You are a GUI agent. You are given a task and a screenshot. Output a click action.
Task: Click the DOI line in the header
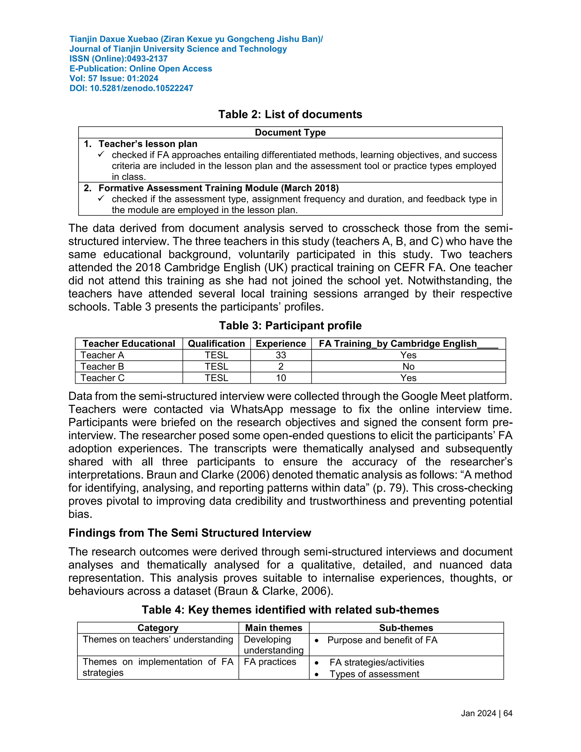coord(131,88)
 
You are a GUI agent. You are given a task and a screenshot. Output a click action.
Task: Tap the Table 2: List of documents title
coord(290,114)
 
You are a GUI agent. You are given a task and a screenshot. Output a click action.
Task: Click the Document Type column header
coord(290,133)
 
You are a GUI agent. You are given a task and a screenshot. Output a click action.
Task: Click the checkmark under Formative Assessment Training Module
coord(101,199)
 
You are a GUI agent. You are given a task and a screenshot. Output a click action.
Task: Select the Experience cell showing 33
coord(281,355)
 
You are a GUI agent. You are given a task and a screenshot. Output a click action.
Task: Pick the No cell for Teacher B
coord(408,366)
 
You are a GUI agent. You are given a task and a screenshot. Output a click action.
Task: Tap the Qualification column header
coord(216,344)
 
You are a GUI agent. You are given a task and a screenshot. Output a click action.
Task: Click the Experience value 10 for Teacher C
coord(281,378)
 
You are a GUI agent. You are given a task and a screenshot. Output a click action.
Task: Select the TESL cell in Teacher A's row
coord(216,355)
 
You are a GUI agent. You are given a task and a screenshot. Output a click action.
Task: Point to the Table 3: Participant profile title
coord(290,325)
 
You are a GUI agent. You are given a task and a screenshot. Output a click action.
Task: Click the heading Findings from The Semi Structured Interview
coord(190,533)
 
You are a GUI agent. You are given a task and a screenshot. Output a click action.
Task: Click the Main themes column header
coord(274,628)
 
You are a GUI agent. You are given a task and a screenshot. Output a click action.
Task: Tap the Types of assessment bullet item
coord(374,674)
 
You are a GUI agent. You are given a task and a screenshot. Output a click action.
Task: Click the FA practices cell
coord(270,662)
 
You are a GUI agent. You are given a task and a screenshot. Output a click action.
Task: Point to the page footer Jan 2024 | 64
coord(486,713)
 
